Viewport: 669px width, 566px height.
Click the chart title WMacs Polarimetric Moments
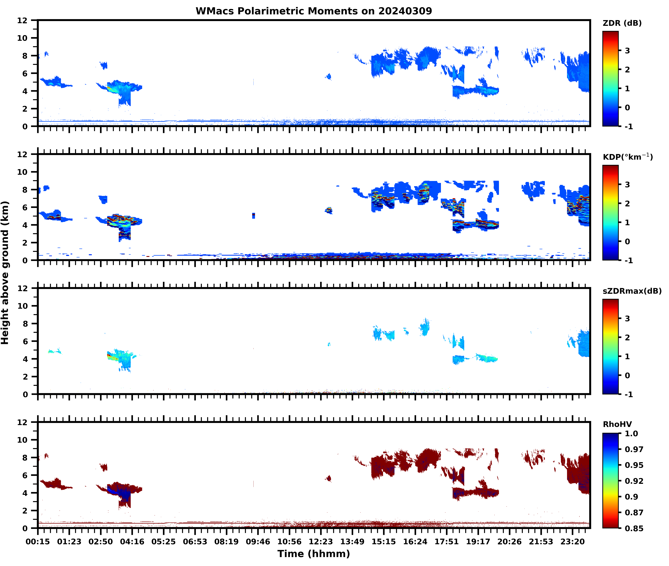[x=314, y=11]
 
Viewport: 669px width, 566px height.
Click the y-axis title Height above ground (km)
[x=5, y=273]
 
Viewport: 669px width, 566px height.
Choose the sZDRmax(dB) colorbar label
[x=632, y=291]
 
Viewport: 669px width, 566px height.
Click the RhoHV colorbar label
[x=617, y=424]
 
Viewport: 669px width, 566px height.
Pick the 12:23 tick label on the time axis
[x=321, y=542]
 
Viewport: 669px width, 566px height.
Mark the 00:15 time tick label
[x=38, y=542]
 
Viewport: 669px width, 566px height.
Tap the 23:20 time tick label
[x=572, y=542]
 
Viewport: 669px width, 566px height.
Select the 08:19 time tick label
[x=226, y=542]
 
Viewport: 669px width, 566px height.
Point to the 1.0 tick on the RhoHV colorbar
[x=631, y=433]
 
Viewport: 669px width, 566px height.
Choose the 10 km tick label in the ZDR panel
[x=22, y=38]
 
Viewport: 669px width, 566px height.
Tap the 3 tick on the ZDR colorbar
[x=627, y=51]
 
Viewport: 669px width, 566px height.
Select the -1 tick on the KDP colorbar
[x=629, y=260]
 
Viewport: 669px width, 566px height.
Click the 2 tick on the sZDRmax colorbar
[x=627, y=338]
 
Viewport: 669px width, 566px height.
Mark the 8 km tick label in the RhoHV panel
[x=25, y=458]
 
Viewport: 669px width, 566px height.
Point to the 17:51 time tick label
[x=446, y=542]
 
